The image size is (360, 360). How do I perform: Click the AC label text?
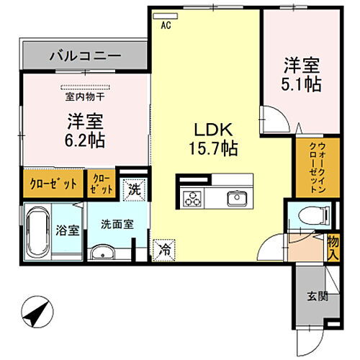(x=166, y=24)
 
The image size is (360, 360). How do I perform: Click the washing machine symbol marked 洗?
(x=133, y=189)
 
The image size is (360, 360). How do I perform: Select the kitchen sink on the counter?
(x=235, y=198)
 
